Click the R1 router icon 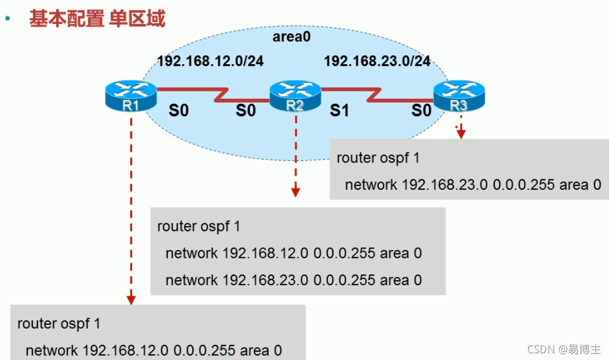click(x=130, y=95)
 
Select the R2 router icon click(x=295, y=96)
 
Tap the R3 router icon click(x=460, y=95)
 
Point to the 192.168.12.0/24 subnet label click(x=210, y=61)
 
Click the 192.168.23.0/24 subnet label click(x=378, y=61)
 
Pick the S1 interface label click(x=339, y=111)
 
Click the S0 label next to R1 click(x=178, y=111)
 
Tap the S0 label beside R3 click(x=422, y=111)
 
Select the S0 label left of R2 click(x=245, y=111)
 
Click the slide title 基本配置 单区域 click(x=97, y=19)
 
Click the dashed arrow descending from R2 click(x=296, y=156)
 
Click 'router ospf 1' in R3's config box click(x=378, y=158)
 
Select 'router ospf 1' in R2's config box click(x=199, y=227)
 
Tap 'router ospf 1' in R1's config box click(x=59, y=323)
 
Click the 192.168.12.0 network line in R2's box click(x=293, y=253)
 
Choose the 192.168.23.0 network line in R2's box click(x=293, y=280)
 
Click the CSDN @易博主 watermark click(x=564, y=349)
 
